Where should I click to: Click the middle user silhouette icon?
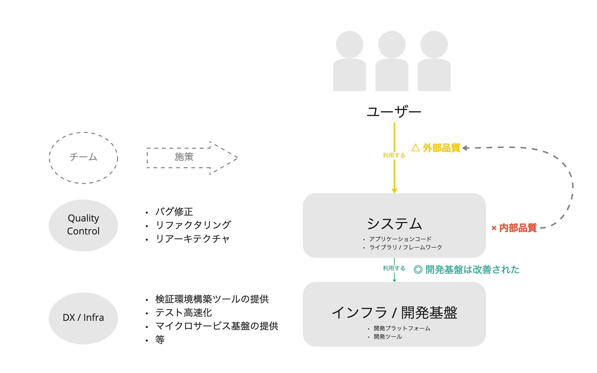tap(392, 61)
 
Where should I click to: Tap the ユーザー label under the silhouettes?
tap(394, 112)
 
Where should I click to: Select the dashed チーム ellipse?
tap(83, 158)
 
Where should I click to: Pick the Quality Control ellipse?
tap(83, 225)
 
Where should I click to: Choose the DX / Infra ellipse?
tap(83, 318)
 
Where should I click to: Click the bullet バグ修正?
tap(174, 212)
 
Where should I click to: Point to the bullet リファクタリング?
tap(193, 225)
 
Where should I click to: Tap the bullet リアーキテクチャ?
tap(192, 239)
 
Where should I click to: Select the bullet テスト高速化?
tap(184, 312)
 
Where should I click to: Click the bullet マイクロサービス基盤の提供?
tap(216, 326)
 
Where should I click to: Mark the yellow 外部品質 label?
tap(441, 148)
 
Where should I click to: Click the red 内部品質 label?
tap(517, 228)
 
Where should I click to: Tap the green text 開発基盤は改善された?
tap(472, 270)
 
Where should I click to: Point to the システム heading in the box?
tap(394, 224)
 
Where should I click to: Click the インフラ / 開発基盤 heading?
tap(394, 312)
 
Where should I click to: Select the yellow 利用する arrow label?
tap(394, 155)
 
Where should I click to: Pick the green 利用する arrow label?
tap(394, 268)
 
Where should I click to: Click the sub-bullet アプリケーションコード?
tap(400, 239)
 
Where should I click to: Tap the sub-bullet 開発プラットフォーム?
tap(402, 328)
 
